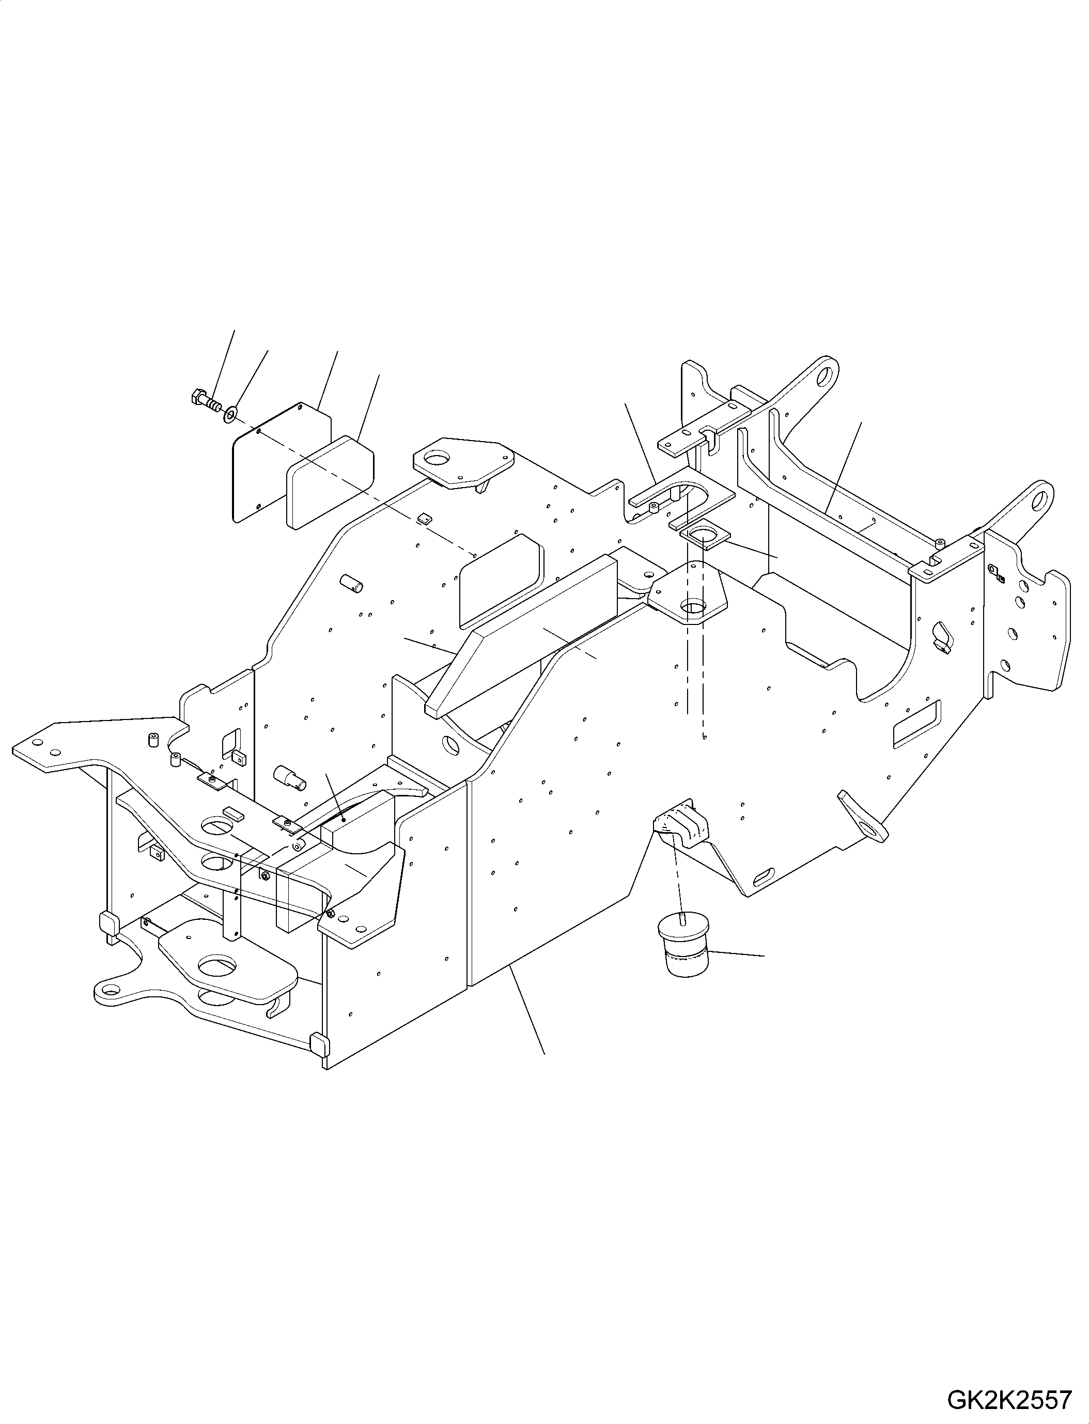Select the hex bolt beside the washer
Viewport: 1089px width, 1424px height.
click(206, 402)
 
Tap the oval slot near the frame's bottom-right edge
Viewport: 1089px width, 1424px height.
click(766, 877)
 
